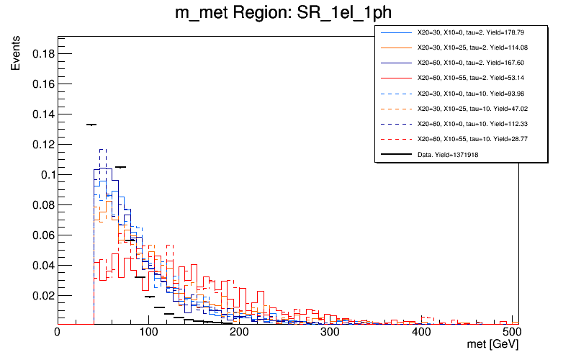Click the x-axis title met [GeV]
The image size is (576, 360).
pyautogui.click(x=494, y=346)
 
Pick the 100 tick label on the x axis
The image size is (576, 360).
pyautogui.click(x=148, y=333)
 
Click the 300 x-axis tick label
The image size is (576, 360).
pyautogui.click(x=331, y=333)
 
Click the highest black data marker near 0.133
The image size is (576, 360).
pyautogui.click(x=91, y=125)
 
